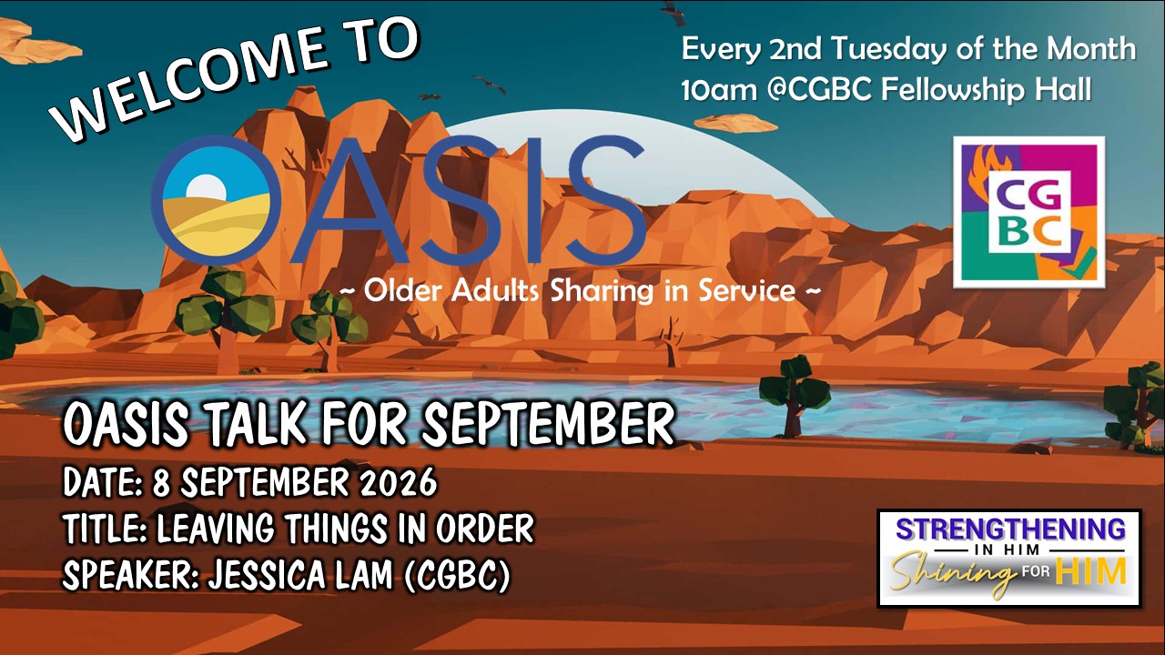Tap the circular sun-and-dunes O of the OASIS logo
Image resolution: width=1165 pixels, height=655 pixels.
[216, 200]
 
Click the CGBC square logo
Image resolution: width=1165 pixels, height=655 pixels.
[1028, 212]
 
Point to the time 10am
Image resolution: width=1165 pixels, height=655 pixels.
[719, 90]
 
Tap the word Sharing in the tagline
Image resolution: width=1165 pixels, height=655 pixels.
[601, 291]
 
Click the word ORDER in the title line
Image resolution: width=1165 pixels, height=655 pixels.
[484, 529]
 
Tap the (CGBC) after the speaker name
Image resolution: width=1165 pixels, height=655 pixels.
[456, 576]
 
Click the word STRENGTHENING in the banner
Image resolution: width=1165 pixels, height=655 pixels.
[1010, 529]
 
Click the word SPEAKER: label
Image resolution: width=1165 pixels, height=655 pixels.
[130, 576]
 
